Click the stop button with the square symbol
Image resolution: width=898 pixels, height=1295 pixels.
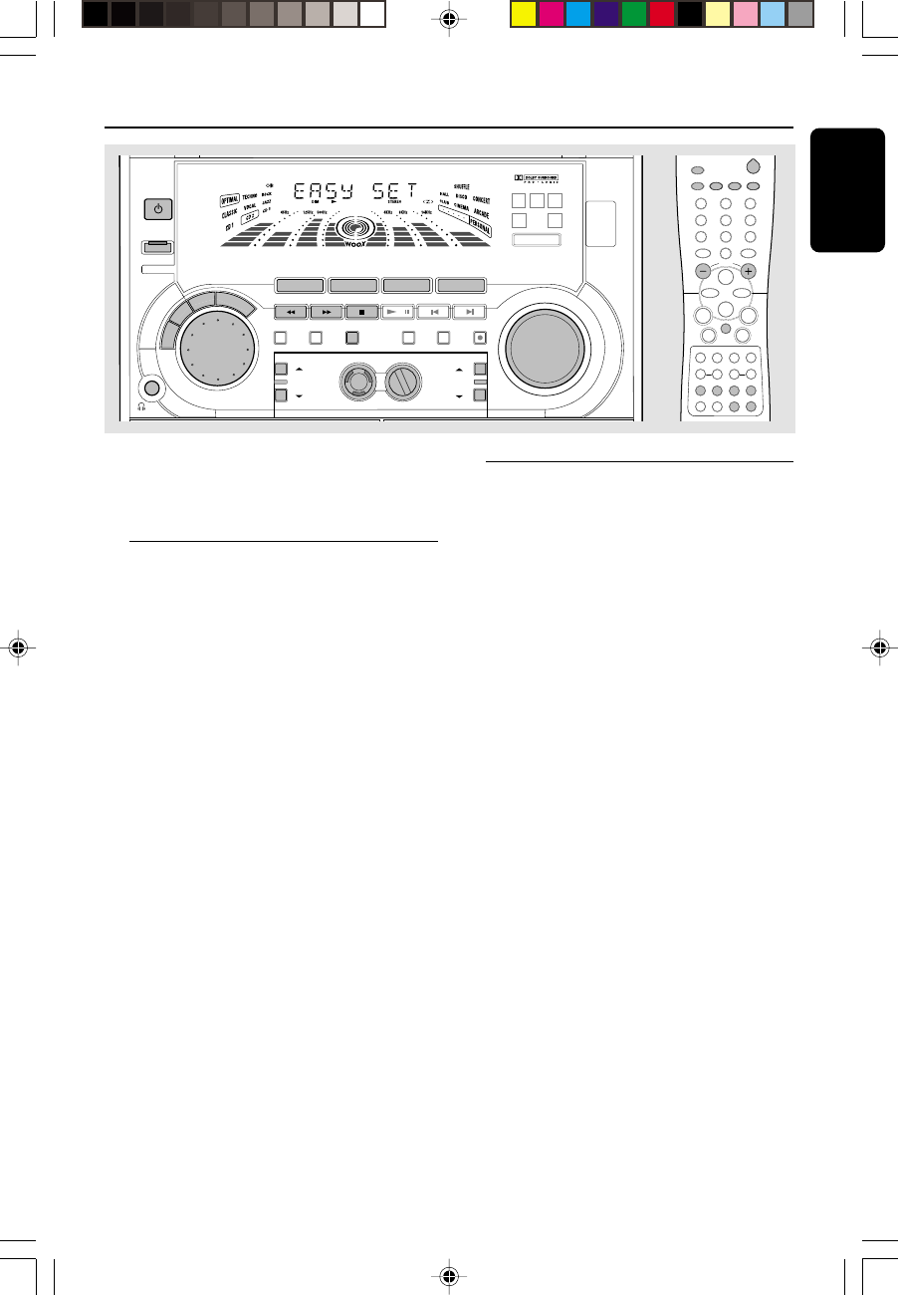pyautogui.click(x=361, y=311)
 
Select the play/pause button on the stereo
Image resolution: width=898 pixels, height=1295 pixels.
pyautogui.click(x=397, y=311)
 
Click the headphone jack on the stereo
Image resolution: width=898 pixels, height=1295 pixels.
pyautogui.click(x=152, y=388)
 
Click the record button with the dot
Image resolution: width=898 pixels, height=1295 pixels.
pyautogui.click(x=480, y=337)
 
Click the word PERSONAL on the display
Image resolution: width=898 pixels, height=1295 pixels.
pyautogui.click(x=480, y=227)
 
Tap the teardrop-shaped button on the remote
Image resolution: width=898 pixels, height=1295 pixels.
pyautogui.click(x=753, y=167)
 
